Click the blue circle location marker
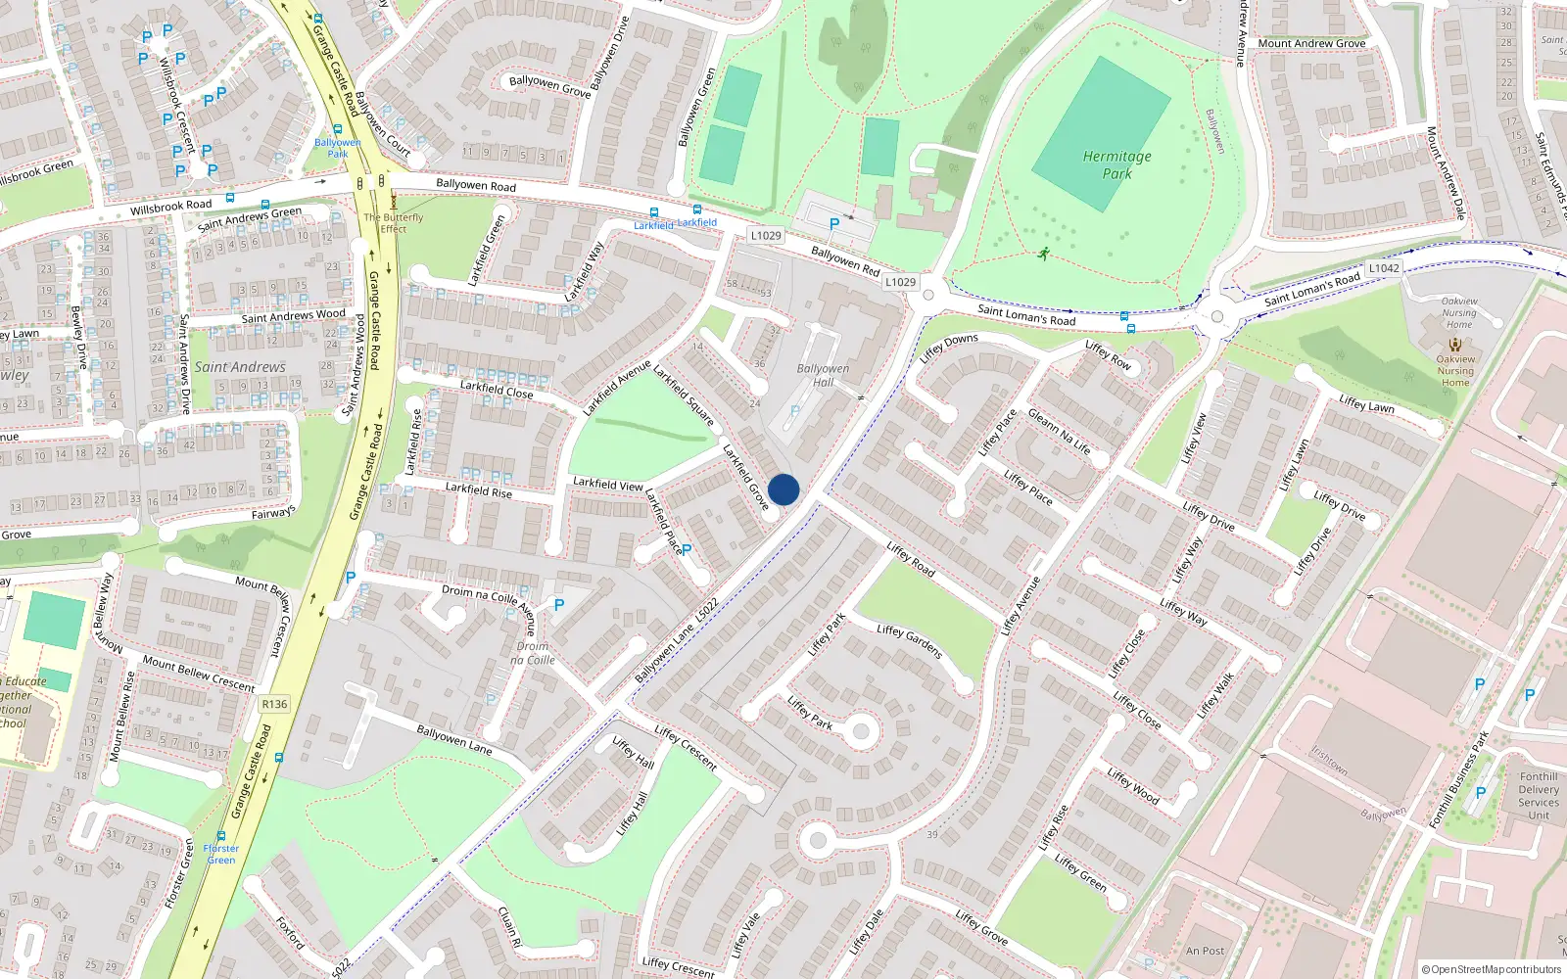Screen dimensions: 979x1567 (x=783, y=489)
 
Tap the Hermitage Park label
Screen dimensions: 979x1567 (x=1116, y=164)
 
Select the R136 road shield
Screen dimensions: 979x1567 (x=274, y=704)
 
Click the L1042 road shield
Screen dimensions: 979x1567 (x=1384, y=268)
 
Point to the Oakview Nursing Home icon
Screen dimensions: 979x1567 (x=1455, y=345)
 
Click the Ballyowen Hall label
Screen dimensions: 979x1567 (x=823, y=375)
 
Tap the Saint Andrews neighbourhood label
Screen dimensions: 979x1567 (x=240, y=367)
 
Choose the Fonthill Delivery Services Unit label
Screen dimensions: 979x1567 (x=1539, y=795)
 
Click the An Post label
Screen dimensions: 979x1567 (x=1205, y=951)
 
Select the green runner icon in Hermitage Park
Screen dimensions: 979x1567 (x=1044, y=255)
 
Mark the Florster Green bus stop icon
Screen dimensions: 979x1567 (x=221, y=836)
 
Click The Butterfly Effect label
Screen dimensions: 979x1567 (x=394, y=223)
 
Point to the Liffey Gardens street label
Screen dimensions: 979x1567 (x=910, y=642)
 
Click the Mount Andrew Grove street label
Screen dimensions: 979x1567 (x=1311, y=43)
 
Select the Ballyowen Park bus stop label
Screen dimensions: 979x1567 (x=338, y=148)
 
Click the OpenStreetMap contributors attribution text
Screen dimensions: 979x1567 (x=1492, y=969)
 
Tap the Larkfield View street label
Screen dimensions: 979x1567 (x=607, y=484)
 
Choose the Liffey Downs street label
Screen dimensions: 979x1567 (x=948, y=348)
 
